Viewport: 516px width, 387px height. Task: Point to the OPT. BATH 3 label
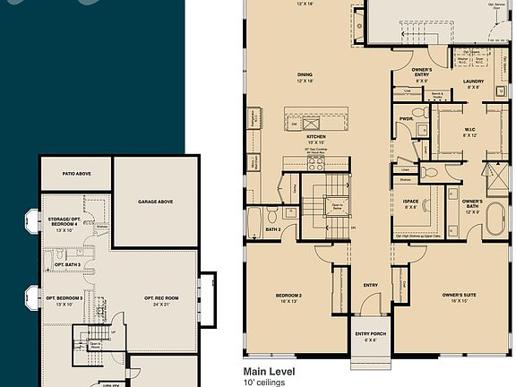[68, 265]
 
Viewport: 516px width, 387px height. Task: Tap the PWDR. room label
[406, 117]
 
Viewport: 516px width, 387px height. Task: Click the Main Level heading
[270, 370]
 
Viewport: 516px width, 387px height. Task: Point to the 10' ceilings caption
[262, 382]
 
